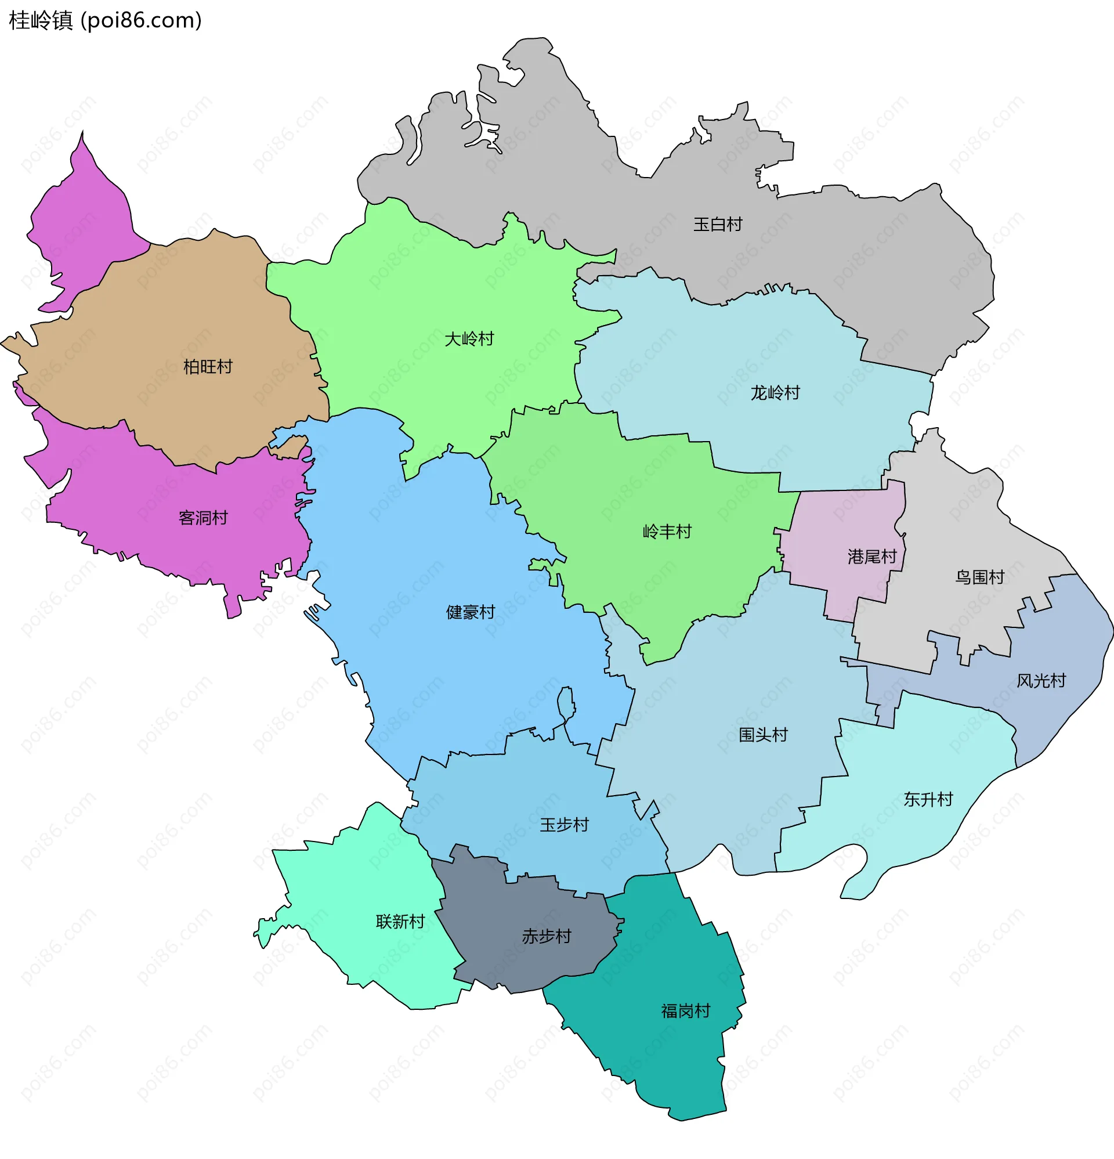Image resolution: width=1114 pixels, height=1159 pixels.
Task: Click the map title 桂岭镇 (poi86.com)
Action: click(x=105, y=21)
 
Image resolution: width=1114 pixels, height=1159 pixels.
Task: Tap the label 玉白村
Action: click(x=717, y=225)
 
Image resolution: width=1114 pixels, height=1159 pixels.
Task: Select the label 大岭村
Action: click(x=469, y=340)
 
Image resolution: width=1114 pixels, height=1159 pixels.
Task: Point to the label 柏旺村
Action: click(x=208, y=367)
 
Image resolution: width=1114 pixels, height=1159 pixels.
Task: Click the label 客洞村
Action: click(x=203, y=519)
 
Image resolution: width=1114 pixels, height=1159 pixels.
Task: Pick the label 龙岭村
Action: click(x=775, y=393)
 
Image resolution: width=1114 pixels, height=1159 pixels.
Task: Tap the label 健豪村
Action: click(x=470, y=613)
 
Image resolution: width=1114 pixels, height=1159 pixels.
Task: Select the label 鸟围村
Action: click(x=979, y=577)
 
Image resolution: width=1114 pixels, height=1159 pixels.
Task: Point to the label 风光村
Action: click(x=1041, y=681)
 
